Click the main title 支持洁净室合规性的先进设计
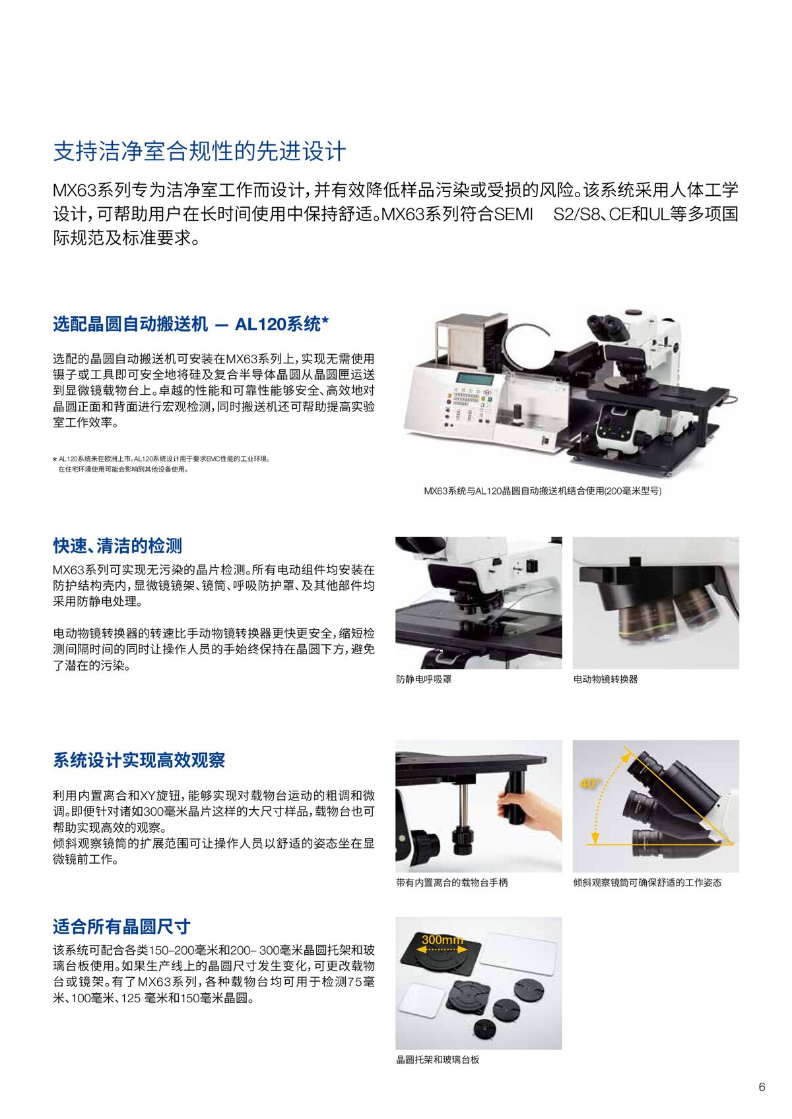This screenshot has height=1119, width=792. (x=199, y=152)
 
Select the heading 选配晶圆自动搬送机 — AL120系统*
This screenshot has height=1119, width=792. (x=191, y=324)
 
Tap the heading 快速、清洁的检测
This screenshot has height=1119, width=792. (x=117, y=545)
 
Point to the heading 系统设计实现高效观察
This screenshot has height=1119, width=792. (x=139, y=760)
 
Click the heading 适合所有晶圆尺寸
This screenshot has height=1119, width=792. (x=121, y=926)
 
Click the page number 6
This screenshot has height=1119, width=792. (x=762, y=1087)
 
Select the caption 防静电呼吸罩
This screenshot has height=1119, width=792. (x=424, y=679)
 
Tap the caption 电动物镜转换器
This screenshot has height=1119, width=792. (x=605, y=679)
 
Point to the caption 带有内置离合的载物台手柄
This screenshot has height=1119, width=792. (x=451, y=883)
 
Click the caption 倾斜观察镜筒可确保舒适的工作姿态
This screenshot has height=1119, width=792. (x=647, y=883)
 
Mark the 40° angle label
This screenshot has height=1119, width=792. (x=589, y=783)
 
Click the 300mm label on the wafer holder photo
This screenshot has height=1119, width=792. (x=442, y=940)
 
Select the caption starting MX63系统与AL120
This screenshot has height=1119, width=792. (x=543, y=491)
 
